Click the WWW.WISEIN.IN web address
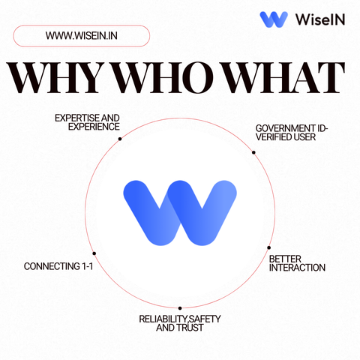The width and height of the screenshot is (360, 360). pos(82,36)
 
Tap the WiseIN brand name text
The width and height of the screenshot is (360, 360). pos(320,19)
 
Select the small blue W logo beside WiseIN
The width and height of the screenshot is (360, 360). pos(274,19)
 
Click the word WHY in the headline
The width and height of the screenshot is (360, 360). pos(55,77)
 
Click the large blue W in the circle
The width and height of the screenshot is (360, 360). pos(180,213)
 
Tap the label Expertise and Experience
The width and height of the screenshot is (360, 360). pos(87,122)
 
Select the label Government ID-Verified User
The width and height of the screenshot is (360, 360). pos(292,133)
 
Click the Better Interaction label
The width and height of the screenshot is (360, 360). pos(297,263)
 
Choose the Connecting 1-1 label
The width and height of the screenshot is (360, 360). pos(58,266)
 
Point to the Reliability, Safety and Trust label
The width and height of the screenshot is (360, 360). pos(180,323)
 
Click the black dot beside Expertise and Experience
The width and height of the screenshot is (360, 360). pos(120,139)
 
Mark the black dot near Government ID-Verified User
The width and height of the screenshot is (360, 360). pos(253,152)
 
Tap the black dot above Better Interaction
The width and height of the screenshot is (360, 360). pos(268,247)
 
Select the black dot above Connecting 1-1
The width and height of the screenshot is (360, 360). pos(94,253)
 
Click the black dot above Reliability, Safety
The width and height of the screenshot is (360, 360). pos(180,308)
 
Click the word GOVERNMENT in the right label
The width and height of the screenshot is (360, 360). pos(285,128)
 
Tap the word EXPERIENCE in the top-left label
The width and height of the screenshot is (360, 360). pos(94,127)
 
